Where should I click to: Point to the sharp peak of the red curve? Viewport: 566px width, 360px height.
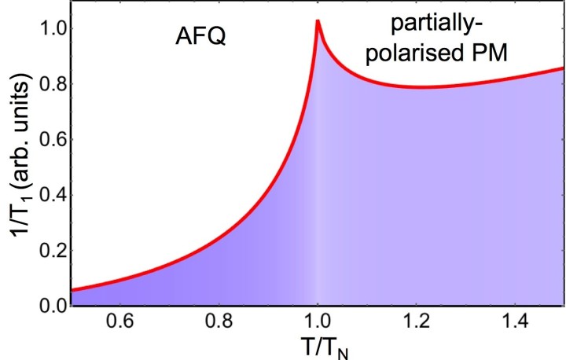(317, 21)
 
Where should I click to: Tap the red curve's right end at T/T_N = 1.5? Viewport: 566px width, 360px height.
(562, 68)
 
